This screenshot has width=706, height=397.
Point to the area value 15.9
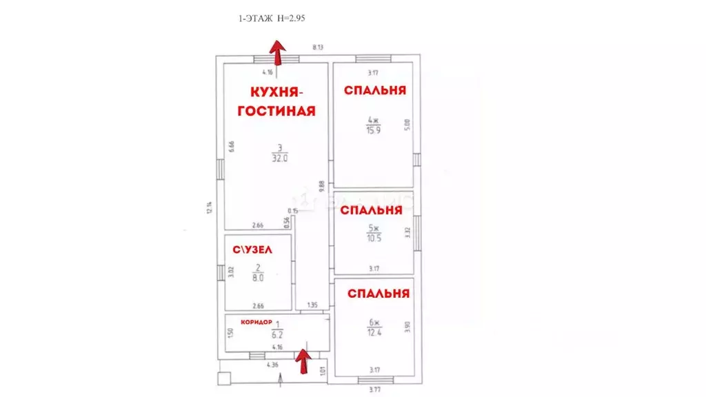point(374,130)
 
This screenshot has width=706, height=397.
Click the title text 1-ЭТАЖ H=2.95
point(270,20)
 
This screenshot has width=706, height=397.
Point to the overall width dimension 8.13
point(318,47)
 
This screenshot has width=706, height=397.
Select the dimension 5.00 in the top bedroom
point(407,125)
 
